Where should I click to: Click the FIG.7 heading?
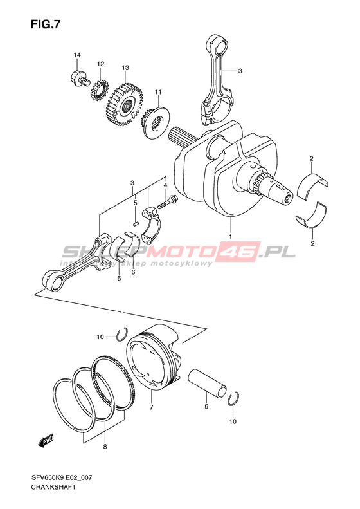coord(46,24)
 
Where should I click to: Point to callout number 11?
coord(158,92)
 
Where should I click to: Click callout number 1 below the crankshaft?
coord(231,236)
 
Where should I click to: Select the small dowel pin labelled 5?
coord(136,223)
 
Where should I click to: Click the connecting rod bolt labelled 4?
coord(167,201)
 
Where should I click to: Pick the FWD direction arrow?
coord(46,441)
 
